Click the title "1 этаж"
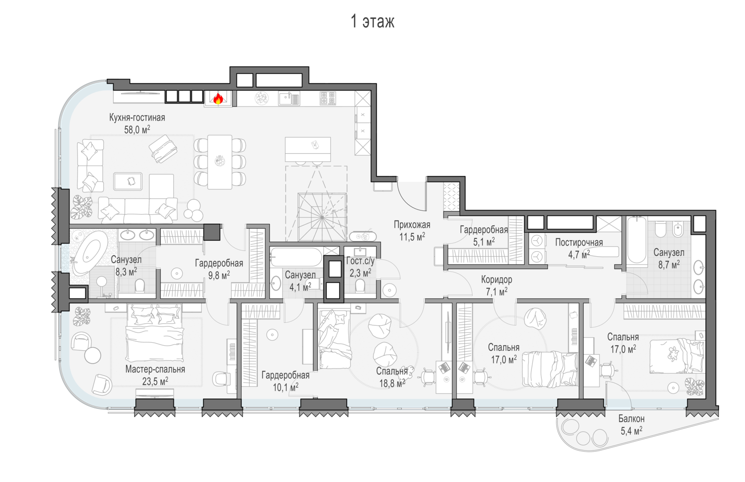372,22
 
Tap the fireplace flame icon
218,98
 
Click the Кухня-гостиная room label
137,117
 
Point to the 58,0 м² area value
137,129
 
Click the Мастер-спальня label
155,369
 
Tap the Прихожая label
412,225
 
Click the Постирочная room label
579,243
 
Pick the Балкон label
631,418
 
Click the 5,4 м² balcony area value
631,431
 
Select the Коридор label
497,280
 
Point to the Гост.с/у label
360,261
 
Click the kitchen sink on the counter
290,98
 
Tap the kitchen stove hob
328,98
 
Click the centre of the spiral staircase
322,217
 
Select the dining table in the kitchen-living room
220,162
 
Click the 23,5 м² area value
155,381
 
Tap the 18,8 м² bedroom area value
392,383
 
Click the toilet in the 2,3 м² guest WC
360,286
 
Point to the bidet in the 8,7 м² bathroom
678,229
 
